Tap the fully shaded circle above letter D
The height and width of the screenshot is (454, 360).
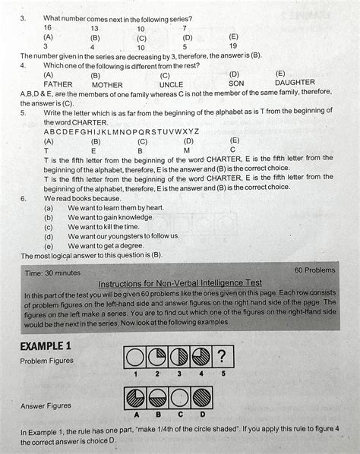pos(202,398)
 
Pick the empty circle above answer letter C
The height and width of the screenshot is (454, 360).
pos(180,398)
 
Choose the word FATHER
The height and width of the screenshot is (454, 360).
pos(58,85)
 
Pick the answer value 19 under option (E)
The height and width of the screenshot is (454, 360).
pos(233,46)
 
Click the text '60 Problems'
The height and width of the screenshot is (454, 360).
pos(313,270)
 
